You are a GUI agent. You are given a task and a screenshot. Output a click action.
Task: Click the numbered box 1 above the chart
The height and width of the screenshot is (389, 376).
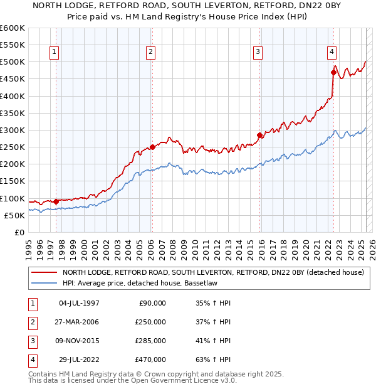(55, 52)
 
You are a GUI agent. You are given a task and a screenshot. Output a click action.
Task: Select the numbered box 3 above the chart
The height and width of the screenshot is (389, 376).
(258, 52)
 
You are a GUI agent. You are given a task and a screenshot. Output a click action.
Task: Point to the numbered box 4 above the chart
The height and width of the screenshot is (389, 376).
(332, 52)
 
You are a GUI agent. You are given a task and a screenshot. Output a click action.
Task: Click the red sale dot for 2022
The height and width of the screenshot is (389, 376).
(333, 72)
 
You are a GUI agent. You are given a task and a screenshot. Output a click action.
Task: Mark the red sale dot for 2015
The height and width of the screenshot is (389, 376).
(259, 135)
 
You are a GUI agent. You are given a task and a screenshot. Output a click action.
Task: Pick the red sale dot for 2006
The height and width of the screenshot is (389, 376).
(152, 147)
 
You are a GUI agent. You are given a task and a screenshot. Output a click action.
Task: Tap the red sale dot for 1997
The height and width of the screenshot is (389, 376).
(56, 201)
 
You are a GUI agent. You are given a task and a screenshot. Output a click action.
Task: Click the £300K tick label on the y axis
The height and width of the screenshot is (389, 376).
(13, 130)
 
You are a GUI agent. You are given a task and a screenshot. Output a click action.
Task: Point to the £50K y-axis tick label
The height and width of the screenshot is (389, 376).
(15, 215)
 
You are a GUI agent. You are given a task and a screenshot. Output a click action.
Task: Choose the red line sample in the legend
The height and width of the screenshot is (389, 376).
(44, 272)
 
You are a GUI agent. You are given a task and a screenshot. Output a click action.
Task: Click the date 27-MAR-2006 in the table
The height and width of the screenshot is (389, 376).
(78, 322)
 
